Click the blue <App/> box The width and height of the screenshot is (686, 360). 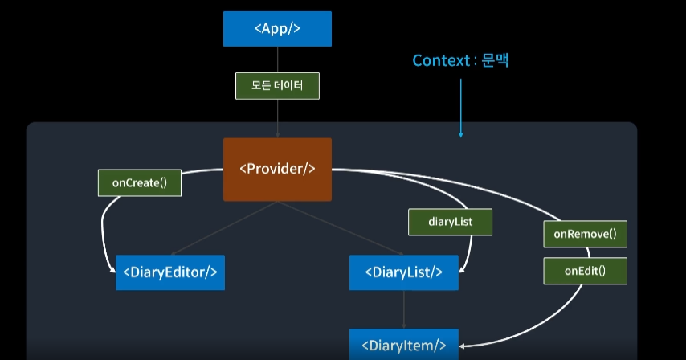(x=277, y=28)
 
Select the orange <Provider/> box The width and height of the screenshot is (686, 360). (x=277, y=169)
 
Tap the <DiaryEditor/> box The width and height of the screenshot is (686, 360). (x=169, y=272)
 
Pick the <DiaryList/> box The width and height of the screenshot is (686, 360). (x=403, y=272)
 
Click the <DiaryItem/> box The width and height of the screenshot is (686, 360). (x=403, y=346)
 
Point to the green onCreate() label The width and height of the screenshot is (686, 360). (x=140, y=182)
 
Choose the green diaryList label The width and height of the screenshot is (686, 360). (x=451, y=222)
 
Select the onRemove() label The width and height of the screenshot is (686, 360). (x=585, y=234)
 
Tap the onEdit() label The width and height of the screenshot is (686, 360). (x=585, y=271)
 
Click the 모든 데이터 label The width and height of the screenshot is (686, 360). (x=277, y=86)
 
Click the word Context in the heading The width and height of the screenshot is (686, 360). (x=441, y=61)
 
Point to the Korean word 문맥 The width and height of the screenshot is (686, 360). (x=496, y=61)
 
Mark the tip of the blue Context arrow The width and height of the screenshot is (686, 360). (x=461, y=136)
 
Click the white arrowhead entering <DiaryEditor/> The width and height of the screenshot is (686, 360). (x=112, y=272)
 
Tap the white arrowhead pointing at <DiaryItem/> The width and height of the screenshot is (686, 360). (x=463, y=346)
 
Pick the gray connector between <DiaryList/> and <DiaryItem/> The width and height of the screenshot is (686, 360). (x=403, y=309)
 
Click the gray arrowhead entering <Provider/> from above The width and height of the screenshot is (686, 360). (x=277, y=134)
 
